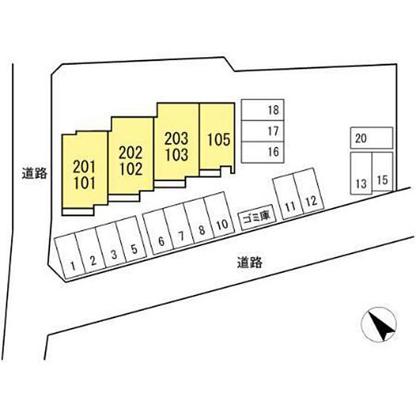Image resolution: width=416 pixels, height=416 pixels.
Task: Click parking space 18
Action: click(264, 110)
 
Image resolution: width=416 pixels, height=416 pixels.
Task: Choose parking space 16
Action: click(264, 152)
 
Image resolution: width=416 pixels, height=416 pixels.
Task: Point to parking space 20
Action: click(371, 138)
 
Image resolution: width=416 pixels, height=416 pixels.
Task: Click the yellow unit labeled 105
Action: click(218, 139)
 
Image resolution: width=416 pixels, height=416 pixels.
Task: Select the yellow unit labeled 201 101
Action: click(85, 172)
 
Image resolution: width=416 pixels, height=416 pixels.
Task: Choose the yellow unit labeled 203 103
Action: click(177, 145)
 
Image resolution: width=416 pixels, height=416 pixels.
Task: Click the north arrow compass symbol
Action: click(379, 324)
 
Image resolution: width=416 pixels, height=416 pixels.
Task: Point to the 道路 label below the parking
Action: click(248, 261)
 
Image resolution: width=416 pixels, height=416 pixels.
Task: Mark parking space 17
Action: click(264, 131)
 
